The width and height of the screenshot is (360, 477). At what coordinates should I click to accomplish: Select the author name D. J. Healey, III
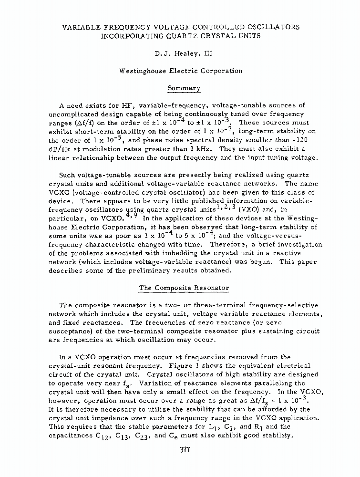180,54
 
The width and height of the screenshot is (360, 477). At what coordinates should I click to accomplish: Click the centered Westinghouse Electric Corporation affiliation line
180,71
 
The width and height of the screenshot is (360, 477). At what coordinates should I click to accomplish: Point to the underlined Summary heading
180,88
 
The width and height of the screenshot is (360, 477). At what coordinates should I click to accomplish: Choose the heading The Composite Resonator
184,288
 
